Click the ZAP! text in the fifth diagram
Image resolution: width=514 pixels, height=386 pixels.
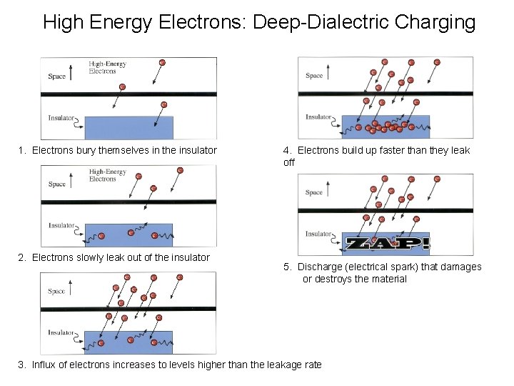(x=386, y=243)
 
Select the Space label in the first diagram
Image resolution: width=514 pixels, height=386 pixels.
(x=57, y=76)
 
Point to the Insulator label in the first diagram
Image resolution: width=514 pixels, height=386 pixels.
(x=61, y=118)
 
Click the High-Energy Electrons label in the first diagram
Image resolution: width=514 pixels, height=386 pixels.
(x=107, y=67)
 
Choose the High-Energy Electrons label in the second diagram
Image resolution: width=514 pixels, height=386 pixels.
(x=107, y=176)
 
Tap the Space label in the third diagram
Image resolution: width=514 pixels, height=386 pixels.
(x=57, y=292)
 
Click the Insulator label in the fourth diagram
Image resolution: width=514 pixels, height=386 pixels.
(x=318, y=117)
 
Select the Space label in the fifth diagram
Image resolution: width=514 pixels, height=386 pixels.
(x=314, y=192)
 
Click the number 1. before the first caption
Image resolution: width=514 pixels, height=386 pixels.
(x=23, y=150)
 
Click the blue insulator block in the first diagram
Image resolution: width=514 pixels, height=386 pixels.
(x=128, y=127)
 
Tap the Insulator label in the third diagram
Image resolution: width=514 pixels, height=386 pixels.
(x=61, y=333)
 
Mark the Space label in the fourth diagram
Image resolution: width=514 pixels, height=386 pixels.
(x=314, y=76)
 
